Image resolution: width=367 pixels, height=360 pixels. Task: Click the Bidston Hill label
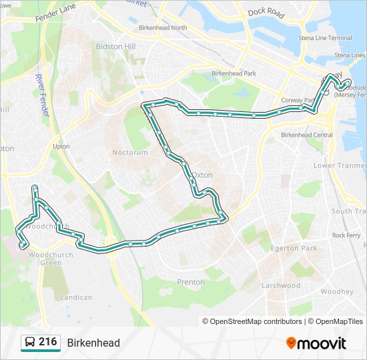click(x=116, y=47)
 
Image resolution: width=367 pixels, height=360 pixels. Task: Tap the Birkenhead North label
click(x=163, y=28)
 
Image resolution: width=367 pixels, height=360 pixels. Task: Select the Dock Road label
click(x=266, y=12)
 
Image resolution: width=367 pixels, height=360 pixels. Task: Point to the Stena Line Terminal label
click(x=325, y=38)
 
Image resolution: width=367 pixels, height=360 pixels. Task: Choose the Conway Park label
click(x=298, y=101)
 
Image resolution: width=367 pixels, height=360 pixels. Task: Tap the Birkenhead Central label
click(x=307, y=135)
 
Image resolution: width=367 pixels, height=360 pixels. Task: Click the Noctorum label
click(x=129, y=152)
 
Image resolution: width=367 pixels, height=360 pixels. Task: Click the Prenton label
click(x=191, y=282)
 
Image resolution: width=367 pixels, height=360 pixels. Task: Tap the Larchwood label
click(x=281, y=285)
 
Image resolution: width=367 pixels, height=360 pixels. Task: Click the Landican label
click(x=76, y=297)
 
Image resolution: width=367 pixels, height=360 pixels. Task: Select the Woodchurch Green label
click(x=45, y=259)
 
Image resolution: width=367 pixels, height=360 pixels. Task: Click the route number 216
click(x=47, y=342)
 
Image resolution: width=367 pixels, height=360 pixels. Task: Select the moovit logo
click(x=316, y=343)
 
